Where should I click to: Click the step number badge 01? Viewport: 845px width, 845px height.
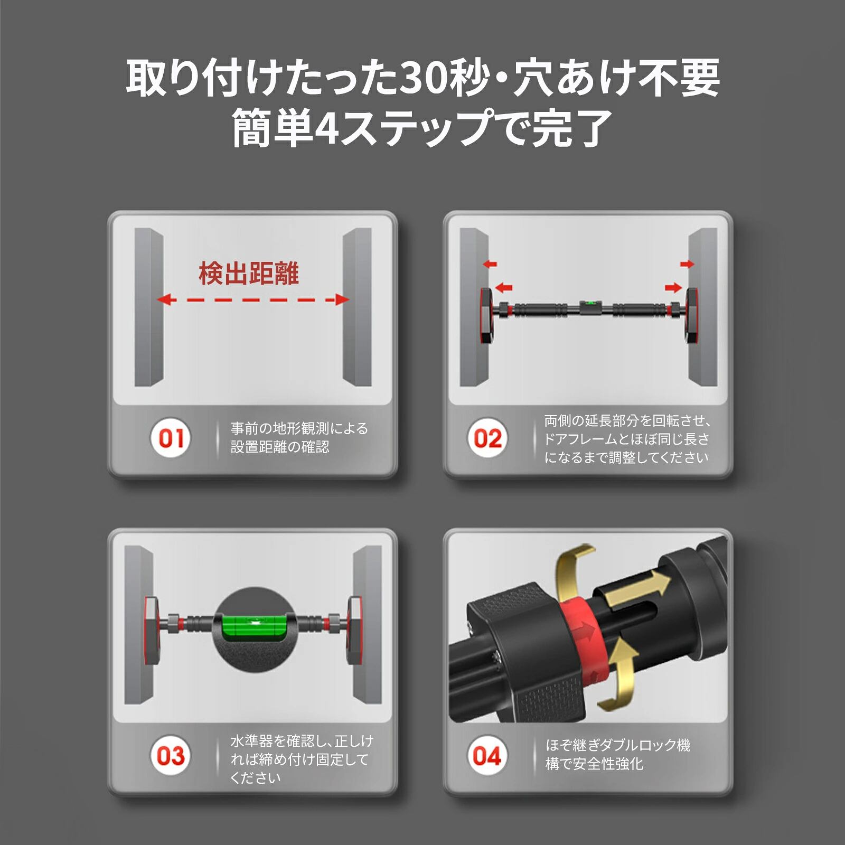171,438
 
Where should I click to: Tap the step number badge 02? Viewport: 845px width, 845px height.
487,438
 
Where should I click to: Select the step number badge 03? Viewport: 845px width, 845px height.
170,756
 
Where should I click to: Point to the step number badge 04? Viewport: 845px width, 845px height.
487,756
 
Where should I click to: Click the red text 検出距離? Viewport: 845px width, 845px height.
249,274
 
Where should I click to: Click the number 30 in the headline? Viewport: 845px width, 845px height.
423,79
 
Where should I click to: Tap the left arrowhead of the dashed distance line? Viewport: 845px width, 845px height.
165,300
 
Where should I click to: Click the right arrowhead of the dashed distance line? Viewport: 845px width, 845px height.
342,300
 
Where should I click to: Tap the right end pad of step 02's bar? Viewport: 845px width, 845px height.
693,315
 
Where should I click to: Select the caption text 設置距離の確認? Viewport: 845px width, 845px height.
280,447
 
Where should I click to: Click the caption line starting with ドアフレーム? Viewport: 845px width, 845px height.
626,439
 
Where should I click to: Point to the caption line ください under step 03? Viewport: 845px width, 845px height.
256,777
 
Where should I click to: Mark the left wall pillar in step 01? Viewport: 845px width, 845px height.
149,307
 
